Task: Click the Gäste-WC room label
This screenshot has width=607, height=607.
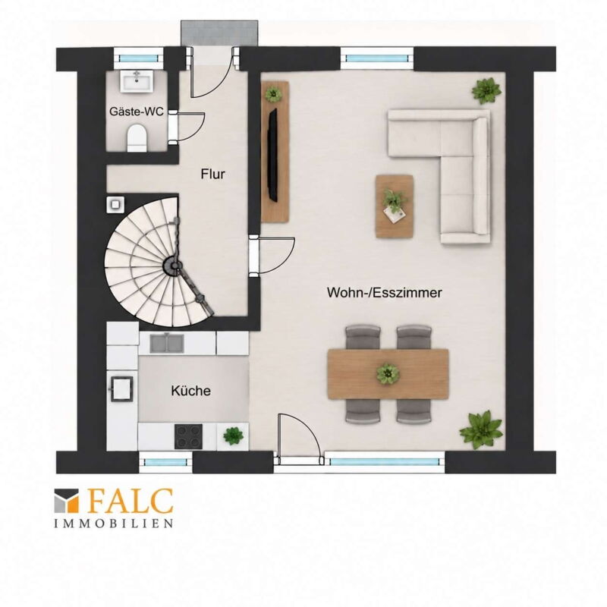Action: click(137, 112)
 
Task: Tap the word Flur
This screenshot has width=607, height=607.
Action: click(212, 174)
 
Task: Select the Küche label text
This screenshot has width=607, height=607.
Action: click(191, 391)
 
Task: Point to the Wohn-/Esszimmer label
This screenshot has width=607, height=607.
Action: click(385, 292)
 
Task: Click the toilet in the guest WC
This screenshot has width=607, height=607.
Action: click(137, 138)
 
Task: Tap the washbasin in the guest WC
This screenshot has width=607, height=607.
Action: click(136, 81)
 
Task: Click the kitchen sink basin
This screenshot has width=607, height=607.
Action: click(167, 343)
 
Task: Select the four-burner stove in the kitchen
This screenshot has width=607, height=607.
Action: click(188, 436)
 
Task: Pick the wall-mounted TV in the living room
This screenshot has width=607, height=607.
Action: click(273, 155)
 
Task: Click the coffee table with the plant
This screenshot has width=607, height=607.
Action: click(395, 206)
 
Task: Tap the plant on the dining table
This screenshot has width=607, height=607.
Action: click(388, 373)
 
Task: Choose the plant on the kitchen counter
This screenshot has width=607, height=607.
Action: click(233, 436)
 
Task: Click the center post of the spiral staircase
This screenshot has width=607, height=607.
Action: click(173, 266)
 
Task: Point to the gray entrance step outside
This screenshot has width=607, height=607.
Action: click(219, 33)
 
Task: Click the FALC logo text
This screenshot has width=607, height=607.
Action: click(130, 501)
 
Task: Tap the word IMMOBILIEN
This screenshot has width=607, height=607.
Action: click(113, 524)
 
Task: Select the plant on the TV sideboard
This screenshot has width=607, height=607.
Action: click(274, 93)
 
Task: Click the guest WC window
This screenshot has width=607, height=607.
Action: click(139, 58)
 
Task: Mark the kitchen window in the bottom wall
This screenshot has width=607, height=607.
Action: click(165, 462)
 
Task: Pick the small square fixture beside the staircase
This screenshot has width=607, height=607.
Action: click(115, 204)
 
